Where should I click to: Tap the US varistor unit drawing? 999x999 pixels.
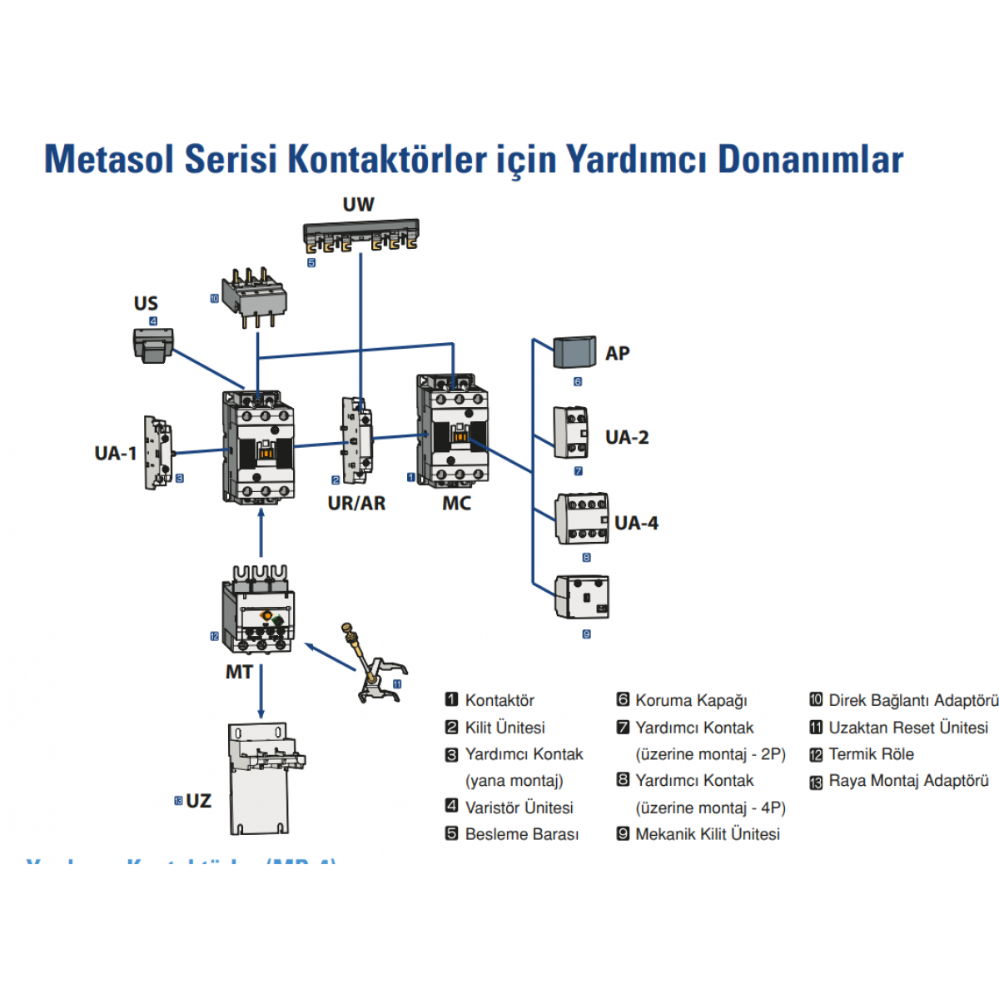coord(152,344)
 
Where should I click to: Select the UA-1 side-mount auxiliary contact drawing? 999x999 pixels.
coord(157,452)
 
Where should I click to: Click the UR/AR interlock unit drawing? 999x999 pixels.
coord(356,439)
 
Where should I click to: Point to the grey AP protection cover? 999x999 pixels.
coord(574,352)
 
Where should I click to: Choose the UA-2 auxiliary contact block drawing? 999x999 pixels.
coord(571,432)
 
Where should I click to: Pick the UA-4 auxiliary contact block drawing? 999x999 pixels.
coord(581,518)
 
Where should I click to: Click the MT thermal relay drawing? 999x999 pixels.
coord(258,611)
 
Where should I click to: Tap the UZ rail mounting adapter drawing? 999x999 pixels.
coord(261,778)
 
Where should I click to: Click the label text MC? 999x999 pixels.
coord(456,503)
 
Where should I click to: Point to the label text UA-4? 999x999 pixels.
coord(636,523)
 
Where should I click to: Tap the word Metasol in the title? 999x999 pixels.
coord(108,159)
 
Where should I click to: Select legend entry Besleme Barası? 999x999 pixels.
coord(521,834)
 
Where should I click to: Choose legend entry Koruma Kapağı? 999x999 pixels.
coord(691,701)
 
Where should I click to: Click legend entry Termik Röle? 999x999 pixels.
coord(871,754)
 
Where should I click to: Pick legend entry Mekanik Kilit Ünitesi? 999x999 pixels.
coord(708,834)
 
